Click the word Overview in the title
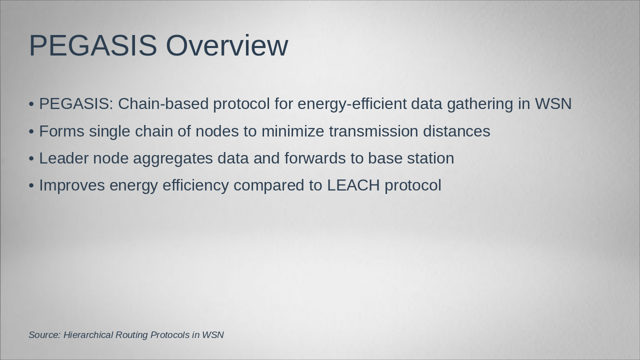(x=226, y=45)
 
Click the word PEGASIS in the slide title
(x=93, y=45)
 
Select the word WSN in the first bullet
(x=553, y=104)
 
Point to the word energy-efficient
(x=352, y=104)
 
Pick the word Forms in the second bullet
(x=61, y=131)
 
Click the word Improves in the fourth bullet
(x=72, y=185)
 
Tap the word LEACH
(x=353, y=185)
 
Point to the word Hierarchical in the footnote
(x=88, y=335)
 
